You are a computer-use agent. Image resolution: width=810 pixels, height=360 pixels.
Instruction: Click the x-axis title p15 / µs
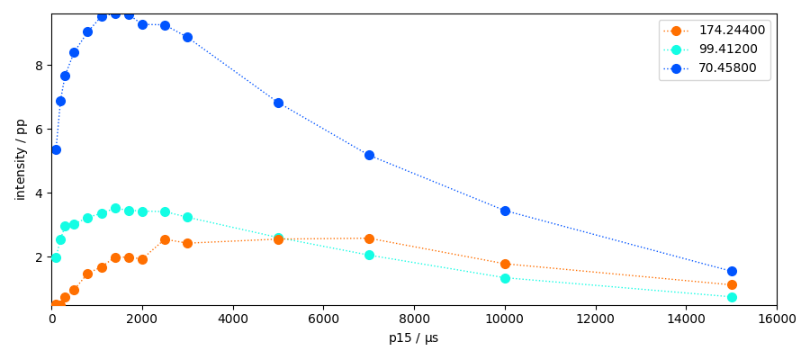pos(413,338)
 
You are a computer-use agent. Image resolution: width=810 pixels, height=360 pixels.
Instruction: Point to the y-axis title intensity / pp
pos(21,159)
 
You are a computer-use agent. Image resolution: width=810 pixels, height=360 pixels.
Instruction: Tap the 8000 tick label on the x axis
pos(414,318)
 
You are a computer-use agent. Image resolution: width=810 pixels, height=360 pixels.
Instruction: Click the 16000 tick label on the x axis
pos(776,318)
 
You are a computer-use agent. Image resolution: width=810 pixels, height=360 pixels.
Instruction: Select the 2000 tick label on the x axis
pos(142,318)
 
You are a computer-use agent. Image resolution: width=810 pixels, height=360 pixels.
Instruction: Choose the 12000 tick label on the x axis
pos(595,318)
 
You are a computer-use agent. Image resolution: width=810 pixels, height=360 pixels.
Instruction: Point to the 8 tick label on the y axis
pos(40,66)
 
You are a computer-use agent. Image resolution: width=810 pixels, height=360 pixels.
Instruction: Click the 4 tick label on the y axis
pos(40,193)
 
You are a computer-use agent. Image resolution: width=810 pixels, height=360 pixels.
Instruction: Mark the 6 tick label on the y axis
pos(40,130)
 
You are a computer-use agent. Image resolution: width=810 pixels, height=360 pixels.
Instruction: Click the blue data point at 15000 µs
pos(732,271)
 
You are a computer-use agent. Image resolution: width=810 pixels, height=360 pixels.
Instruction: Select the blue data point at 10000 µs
pos(505,211)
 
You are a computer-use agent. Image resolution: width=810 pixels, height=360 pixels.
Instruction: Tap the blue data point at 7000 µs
pos(369,155)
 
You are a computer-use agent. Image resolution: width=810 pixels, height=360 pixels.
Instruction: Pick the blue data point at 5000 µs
pos(278,103)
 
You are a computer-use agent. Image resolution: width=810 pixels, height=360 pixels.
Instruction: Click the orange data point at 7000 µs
pos(369,238)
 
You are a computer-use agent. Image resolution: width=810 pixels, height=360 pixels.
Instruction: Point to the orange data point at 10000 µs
pos(505,264)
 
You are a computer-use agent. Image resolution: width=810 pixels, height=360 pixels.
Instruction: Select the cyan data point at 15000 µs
pos(732,297)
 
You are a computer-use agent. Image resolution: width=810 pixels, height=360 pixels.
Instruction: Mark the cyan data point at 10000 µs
pos(505,278)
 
